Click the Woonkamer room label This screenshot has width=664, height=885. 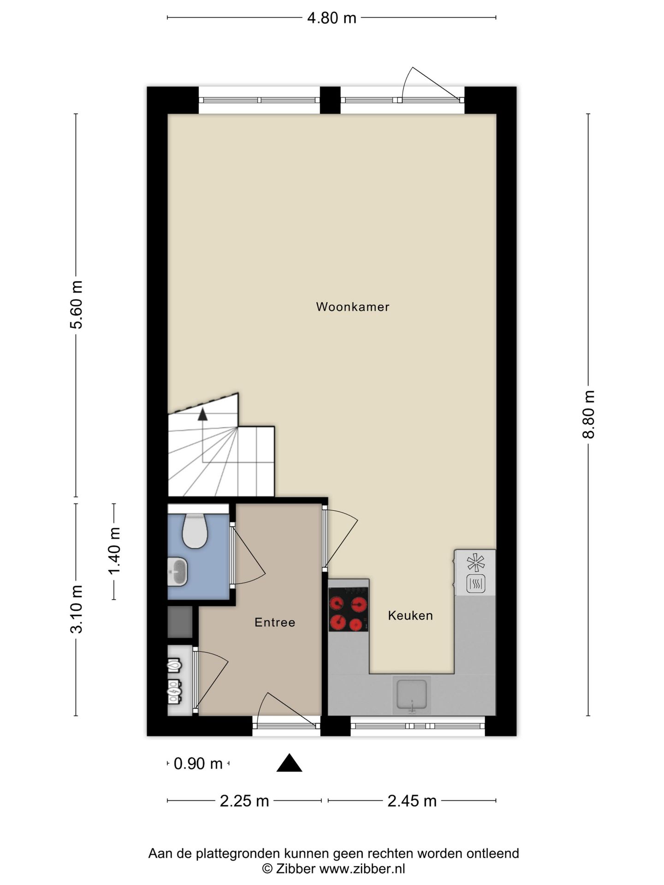point(353,307)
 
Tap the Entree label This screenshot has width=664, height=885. point(275,622)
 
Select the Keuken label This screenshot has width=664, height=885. point(410,615)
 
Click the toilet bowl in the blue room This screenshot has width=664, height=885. point(195,531)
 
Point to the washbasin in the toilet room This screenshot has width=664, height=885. point(178,572)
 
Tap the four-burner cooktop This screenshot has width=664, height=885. point(348,609)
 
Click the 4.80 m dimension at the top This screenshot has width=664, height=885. point(332,18)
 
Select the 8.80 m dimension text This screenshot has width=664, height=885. point(588,414)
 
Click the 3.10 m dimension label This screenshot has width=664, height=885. point(77,609)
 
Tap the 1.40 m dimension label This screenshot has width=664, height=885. point(114,551)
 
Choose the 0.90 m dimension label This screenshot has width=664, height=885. point(198,764)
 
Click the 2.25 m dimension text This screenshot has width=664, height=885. point(244,801)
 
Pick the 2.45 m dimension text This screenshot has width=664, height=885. point(412,801)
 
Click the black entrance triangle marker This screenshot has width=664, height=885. point(289,764)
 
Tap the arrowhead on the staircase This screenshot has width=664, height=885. point(202,414)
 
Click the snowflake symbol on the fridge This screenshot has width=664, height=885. point(476,563)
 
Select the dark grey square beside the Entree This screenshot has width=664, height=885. point(180,622)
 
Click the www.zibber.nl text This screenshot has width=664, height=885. point(362,869)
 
